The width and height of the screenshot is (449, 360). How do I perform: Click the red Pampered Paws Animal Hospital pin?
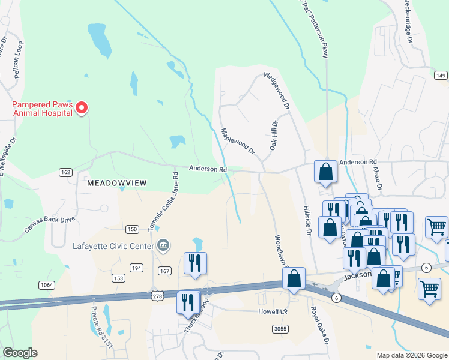click(82, 108)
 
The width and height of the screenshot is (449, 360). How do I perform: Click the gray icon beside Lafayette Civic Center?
click(162, 245)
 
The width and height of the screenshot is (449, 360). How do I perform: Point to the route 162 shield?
click(66, 173)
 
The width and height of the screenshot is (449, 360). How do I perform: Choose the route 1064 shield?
click(46, 285)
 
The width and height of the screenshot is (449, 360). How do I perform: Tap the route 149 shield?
click(441, 75)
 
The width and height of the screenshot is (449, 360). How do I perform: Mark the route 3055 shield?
click(280, 329)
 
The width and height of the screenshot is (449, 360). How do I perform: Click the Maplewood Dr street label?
click(238, 141)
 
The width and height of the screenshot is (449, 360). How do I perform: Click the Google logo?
click(20, 353)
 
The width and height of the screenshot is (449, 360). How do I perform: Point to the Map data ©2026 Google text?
click(412, 355)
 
